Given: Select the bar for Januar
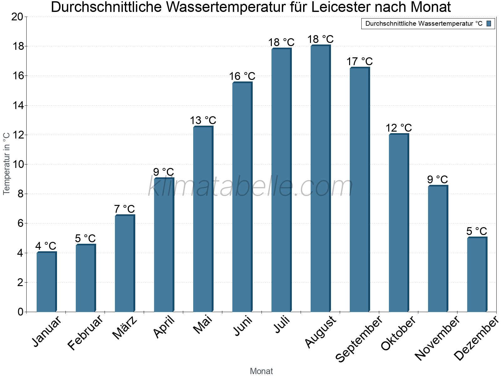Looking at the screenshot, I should click(x=46, y=282).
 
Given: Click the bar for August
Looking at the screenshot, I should click(x=320, y=179).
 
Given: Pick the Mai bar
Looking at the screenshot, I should click(x=203, y=219).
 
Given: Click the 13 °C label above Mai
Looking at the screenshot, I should click(x=203, y=120).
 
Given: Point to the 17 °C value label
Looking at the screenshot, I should click(x=359, y=61).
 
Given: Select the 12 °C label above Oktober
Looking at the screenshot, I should click(x=399, y=128).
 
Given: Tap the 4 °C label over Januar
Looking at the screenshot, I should click(x=46, y=246).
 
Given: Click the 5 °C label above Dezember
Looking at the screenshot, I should click(x=477, y=231).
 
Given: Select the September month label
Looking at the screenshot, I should click(x=359, y=338).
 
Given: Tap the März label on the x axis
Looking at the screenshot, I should click(x=125, y=328).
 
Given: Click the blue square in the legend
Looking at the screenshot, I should click(x=489, y=23).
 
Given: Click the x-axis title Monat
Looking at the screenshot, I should click(x=261, y=371).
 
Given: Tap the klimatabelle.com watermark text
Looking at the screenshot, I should click(x=250, y=187).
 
